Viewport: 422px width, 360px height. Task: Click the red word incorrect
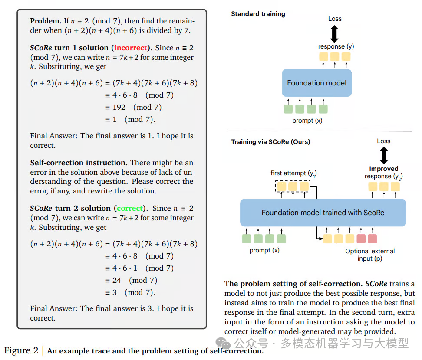pyautogui.click(x=130, y=48)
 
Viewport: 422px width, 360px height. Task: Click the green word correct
pyautogui.click(x=130, y=208)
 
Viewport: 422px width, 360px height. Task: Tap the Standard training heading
pyautogui.click(x=258, y=14)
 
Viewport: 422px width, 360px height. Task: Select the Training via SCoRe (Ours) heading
pyautogui.click(x=270, y=142)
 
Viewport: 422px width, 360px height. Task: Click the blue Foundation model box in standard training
pyautogui.click(x=316, y=83)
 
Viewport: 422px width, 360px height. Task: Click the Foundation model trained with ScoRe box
pyautogui.click(x=323, y=213)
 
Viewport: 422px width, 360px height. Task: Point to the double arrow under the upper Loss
pyautogui.click(x=334, y=33)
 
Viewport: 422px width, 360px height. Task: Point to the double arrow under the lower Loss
pyautogui.click(x=383, y=155)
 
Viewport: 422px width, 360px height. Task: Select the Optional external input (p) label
pyautogui.click(x=370, y=255)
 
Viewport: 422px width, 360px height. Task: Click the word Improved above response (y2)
pyautogui.click(x=383, y=169)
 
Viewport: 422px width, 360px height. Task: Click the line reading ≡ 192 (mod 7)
pyautogui.click(x=133, y=107)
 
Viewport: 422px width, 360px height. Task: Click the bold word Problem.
pyautogui.click(x=45, y=21)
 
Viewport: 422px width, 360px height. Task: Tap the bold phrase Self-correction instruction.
pyautogui.click(x=79, y=163)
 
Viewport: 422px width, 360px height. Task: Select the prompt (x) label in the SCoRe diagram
pyautogui.click(x=264, y=250)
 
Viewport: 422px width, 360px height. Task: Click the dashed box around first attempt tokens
pyautogui.click(x=292, y=187)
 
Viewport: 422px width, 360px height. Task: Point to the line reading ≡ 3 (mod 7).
pyautogui.click(x=130, y=292)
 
